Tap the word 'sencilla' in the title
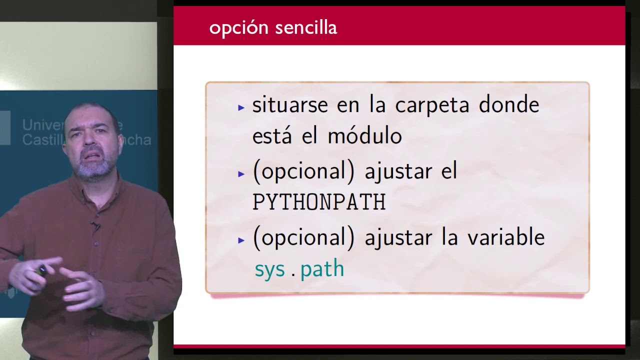pyautogui.click(x=306, y=27)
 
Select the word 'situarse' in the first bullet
pyautogui.click(x=290, y=104)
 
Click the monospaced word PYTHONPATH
pyautogui.click(x=319, y=202)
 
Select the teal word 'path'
pyautogui.click(x=322, y=269)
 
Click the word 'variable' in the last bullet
pyautogui.click(x=506, y=237)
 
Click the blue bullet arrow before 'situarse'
pyautogui.click(x=241, y=107)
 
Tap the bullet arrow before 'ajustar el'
pyautogui.click(x=241, y=173)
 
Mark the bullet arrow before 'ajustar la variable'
pyautogui.click(x=241, y=240)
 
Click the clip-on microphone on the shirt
pyautogui.click(x=95, y=226)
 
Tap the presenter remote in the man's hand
pyautogui.click(x=41, y=270)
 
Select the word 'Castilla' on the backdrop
pyautogui.click(x=43, y=139)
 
